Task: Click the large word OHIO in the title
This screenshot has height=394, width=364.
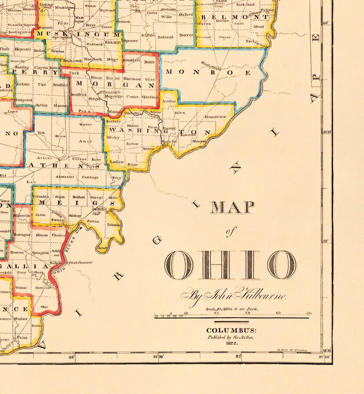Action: (230, 265)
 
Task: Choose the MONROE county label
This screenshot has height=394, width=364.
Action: (208, 72)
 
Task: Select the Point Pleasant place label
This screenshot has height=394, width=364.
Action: (81, 262)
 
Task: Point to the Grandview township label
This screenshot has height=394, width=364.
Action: (216, 117)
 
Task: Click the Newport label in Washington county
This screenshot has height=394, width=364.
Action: (199, 141)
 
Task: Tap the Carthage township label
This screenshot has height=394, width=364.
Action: (90, 177)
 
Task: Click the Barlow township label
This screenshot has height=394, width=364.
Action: (132, 144)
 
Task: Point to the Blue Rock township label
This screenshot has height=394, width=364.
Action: (93, 59)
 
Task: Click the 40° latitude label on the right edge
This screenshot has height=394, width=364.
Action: (326, 23)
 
